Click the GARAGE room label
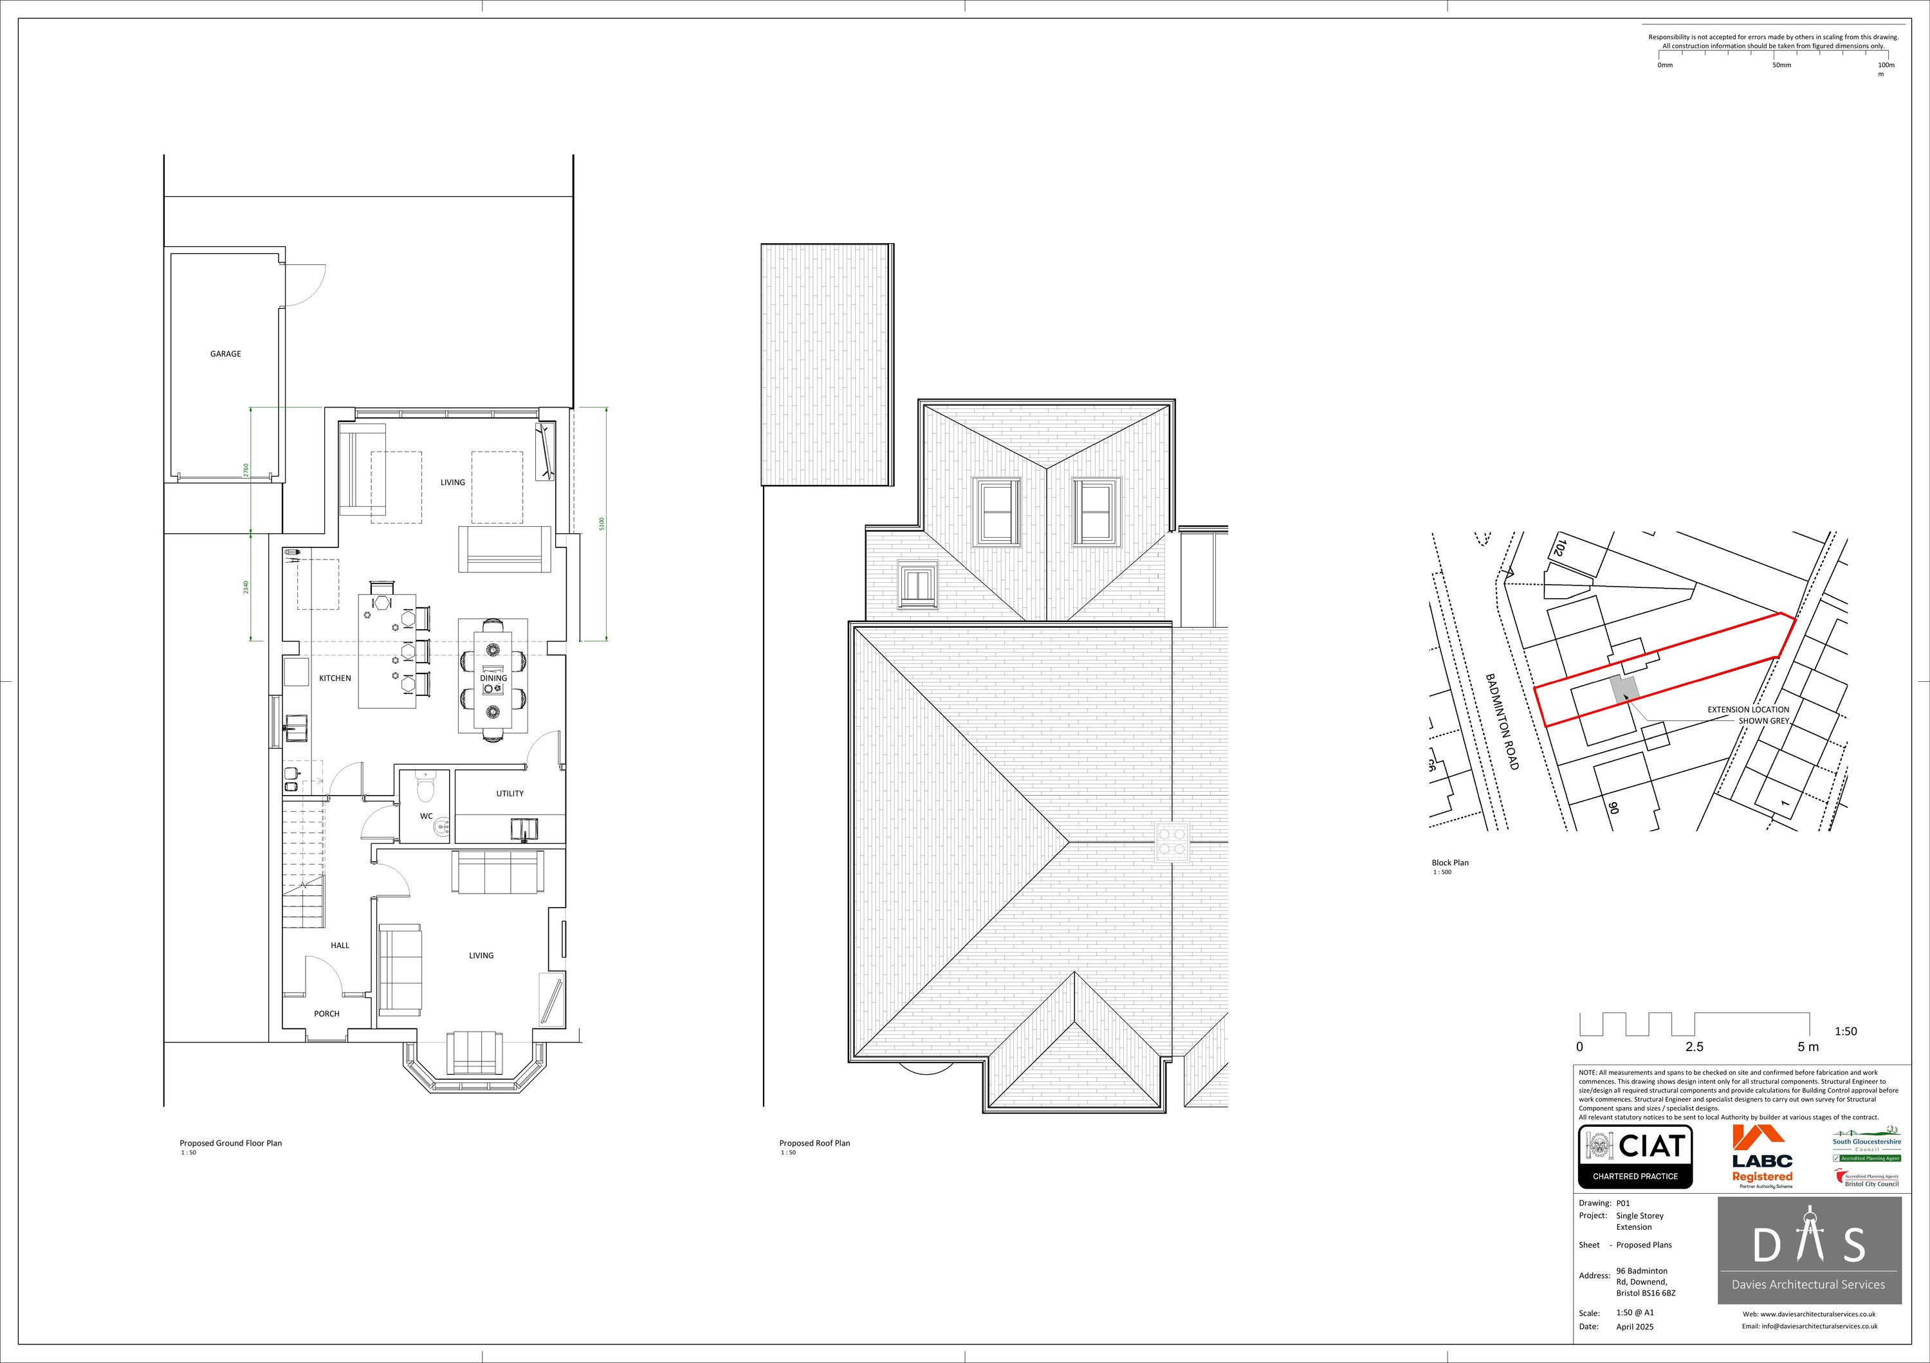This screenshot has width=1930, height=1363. click(x=225, y=354)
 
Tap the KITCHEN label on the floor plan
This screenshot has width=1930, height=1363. click(x=335, y=678)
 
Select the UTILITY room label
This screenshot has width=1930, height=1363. click(x=510, y=793)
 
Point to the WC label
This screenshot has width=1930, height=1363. click(x=426, y=816)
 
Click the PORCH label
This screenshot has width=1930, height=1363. click(x=327, y=1014)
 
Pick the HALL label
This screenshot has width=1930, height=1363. click(x=340, y=946)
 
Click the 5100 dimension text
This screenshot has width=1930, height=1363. click(x=601, y=524)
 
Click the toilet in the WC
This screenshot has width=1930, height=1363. click(x=425, y=788)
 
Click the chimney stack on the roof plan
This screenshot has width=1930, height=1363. click(x=1172, y=841)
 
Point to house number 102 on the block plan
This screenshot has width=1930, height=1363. click(x=1557, y=549)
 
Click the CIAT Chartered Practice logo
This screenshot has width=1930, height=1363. click(x=1635, y=1157)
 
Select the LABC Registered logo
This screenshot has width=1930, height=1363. click(x=1762, y=1157)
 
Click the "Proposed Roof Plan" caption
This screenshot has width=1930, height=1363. click(x=814, y=1143)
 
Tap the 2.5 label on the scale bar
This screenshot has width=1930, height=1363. click(x=1694, y=1047)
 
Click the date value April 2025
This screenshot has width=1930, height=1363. click(x=1634, y=1326)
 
